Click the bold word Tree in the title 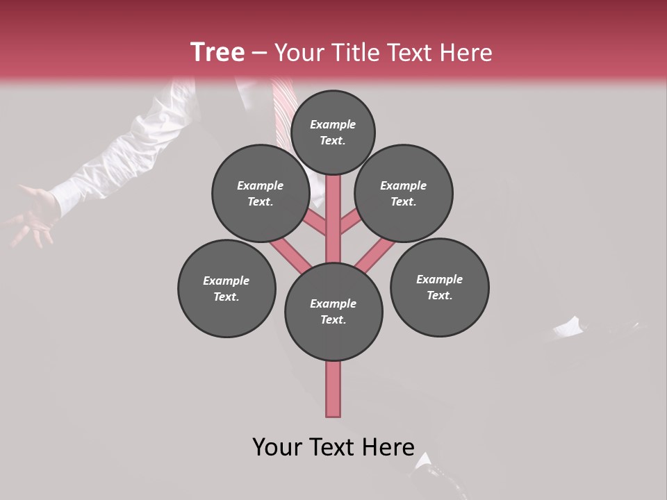(217, 52)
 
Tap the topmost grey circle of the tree (333, 132)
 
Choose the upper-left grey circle (260, 193)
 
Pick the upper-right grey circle (404, 193)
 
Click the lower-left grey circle (227, 288)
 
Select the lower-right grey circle (439, 287)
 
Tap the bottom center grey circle (333, 311)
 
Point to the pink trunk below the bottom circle (333, 389)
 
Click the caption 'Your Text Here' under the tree (333, 447)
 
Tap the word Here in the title (466, 53)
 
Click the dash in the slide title (259, 53)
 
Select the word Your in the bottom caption (277, 447)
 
